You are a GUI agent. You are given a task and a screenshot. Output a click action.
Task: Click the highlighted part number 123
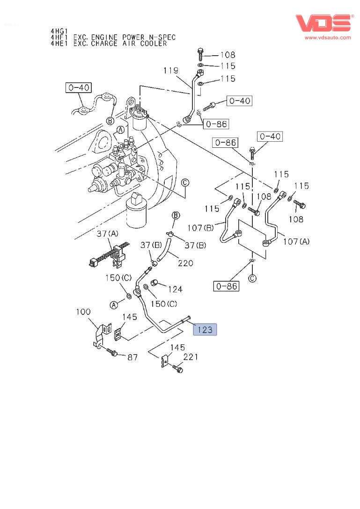[205, 330]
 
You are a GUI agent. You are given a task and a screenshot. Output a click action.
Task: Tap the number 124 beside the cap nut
[175, 289]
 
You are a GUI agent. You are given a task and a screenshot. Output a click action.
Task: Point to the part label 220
[185, 263]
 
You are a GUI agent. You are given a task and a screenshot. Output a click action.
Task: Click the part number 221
[191, 357]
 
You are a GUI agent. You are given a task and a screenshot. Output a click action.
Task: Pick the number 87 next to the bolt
[133, 357]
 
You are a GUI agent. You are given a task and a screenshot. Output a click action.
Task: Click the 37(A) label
[108, 233]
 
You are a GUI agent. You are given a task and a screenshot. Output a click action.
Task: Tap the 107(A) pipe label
[297, 241]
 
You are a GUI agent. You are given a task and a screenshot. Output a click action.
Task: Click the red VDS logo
[323, 23]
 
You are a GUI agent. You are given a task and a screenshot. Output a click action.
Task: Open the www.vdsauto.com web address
[328, 37]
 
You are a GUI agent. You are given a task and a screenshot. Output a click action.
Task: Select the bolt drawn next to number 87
[112, 351]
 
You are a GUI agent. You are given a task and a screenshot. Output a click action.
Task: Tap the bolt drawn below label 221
[178, 369]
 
